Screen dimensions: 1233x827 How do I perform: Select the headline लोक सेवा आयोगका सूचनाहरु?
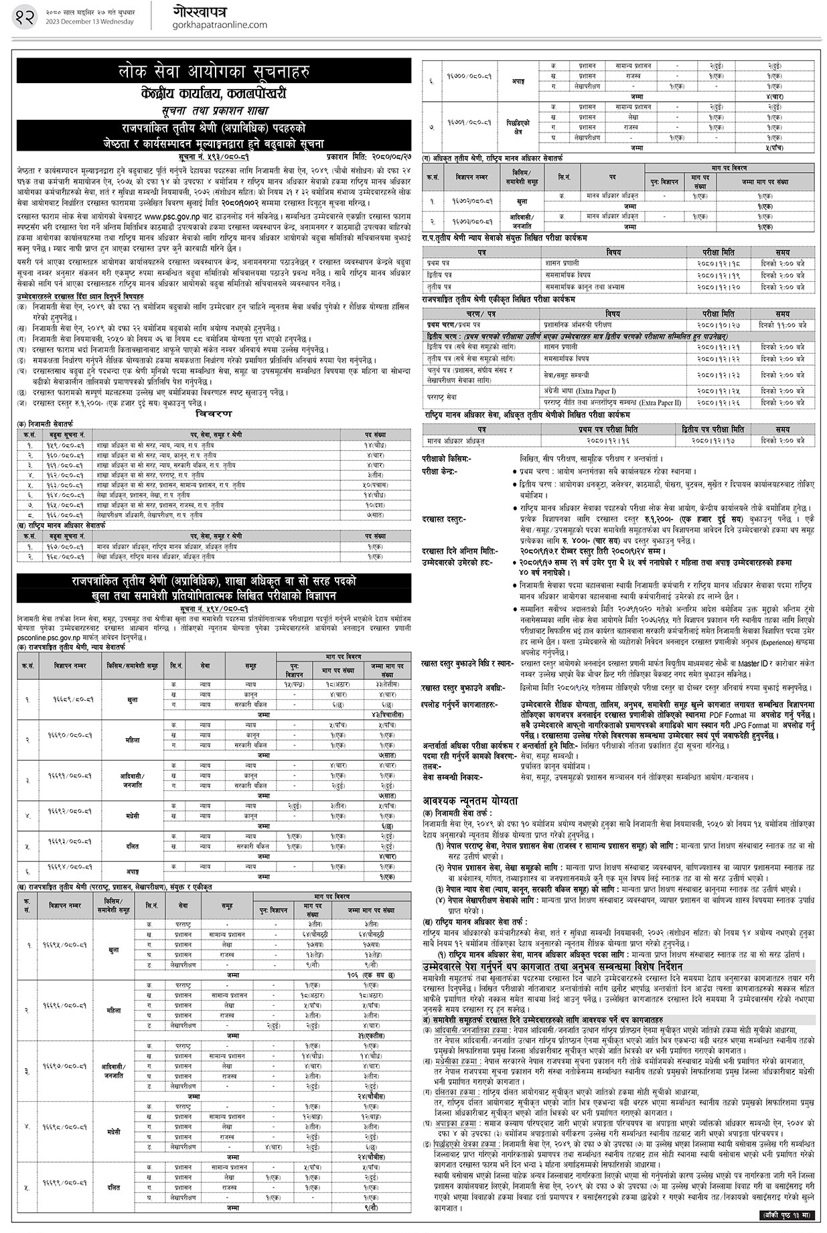[x=214, y=71]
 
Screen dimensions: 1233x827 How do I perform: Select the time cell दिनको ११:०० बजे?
[x=783, y=323]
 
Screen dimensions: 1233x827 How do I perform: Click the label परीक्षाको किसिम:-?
[x=447, y=460]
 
